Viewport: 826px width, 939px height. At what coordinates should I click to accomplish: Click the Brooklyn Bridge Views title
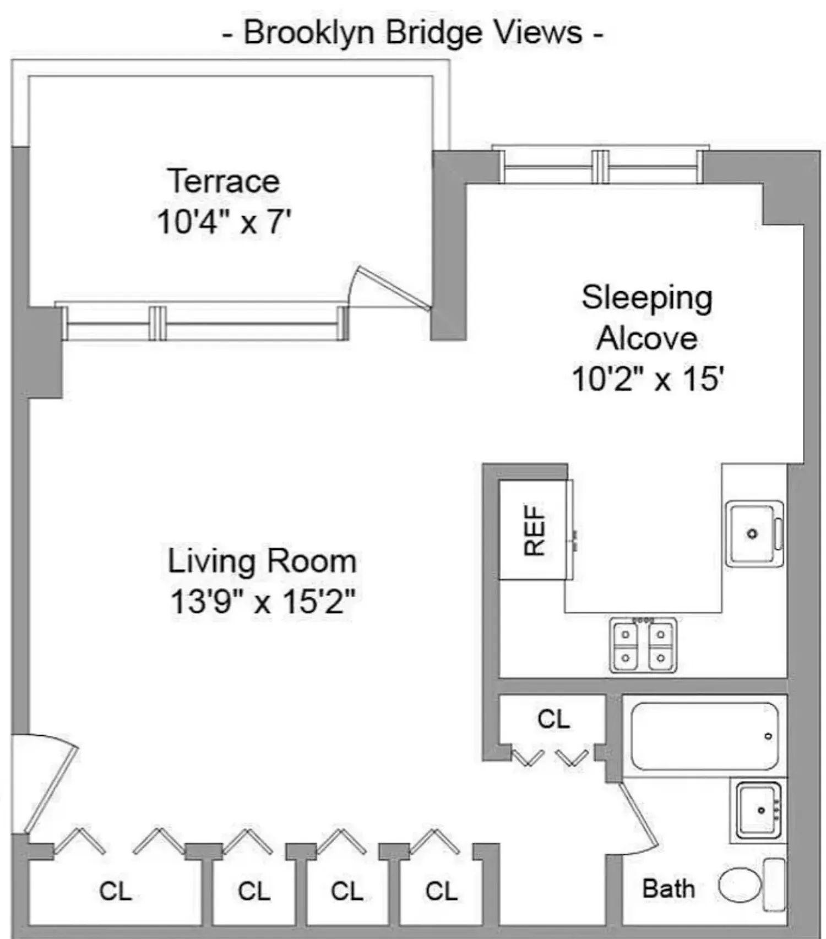tap(412, 32)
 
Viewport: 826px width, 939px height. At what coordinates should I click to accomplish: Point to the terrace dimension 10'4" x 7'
tap(224, 222)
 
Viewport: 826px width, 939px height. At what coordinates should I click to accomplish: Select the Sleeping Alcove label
tap(647, 318)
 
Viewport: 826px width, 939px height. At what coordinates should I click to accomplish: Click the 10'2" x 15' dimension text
tap(647, 379)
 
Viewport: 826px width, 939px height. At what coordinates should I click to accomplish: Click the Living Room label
tap(262, 561)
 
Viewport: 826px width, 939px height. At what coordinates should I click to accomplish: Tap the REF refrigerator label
tap(534, 531)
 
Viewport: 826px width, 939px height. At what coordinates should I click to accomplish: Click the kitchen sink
tap(754, 533)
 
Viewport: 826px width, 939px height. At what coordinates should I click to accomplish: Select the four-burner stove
tap(643, 645)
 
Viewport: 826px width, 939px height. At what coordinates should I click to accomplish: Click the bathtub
tap(705, 736)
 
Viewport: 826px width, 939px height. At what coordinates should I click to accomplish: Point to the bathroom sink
tap(759, 810)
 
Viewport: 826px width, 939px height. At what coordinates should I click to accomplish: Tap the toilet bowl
tap(740, 886)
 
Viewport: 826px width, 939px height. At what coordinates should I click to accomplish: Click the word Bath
tap(669, 888)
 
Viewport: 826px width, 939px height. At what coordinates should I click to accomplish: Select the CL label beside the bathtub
tap(553, 719)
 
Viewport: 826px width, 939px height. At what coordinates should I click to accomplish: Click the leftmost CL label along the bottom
tap(116, 891)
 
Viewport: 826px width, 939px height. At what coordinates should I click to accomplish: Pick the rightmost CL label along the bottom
tap(442, 891)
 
